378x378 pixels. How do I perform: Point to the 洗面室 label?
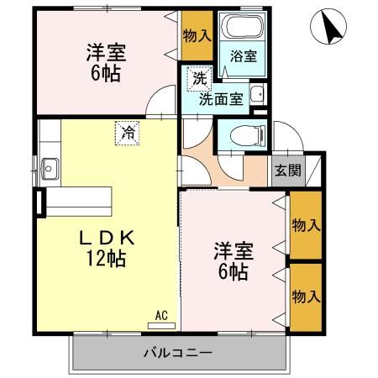[221, 98]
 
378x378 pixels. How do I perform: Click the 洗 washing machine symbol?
[199, 79]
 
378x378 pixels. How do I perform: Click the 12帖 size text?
[106, 259]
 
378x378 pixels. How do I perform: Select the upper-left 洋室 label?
[105, 52]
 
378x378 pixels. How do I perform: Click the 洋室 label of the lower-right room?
[233, 250]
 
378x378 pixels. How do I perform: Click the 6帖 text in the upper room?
[105, 73]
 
